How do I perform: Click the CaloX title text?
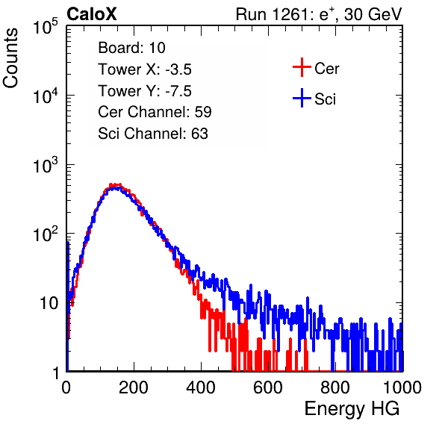click(92, 14)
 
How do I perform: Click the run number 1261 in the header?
click(290, 14)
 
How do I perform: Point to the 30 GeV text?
click(373, 14)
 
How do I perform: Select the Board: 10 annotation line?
click(131, 48)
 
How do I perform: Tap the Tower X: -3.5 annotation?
click(145, 69)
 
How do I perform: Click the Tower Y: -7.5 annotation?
click(145, 91)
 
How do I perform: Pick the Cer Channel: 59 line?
click(155, 112)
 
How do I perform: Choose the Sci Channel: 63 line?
click(153, 134)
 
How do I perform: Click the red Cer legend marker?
click(302, 67)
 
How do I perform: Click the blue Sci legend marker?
click(302, 98)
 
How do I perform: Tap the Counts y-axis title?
click(10, 58)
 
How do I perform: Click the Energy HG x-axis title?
click(352, 408)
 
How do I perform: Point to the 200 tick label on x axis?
click(134, 387)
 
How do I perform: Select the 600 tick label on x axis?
click(268, 387)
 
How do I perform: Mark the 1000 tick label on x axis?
click(402, 387)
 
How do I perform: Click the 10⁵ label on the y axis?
click(46, 26)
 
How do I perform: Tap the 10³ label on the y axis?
click(46, 164)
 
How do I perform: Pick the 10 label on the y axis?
click(49, 303)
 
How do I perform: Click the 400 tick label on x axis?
click(201, 387)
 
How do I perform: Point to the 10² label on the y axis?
click(46, 234)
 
